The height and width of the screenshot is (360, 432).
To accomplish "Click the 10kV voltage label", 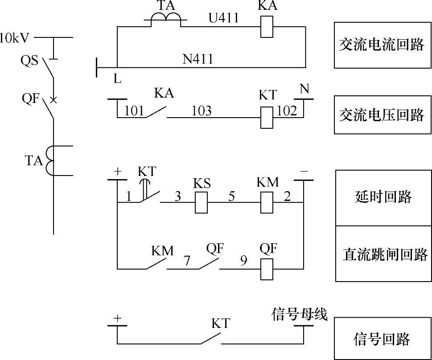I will click(x=15, y=37).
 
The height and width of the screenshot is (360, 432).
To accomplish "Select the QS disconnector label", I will click(x=30, y=60).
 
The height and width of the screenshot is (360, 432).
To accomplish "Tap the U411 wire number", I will click(x=224, y=18).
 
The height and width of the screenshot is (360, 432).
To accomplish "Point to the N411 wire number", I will click(x=198, y=59).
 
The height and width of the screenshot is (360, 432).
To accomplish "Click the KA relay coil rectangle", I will click(x=266, y=27).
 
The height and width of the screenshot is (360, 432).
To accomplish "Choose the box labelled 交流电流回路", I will click(x=383, y=45).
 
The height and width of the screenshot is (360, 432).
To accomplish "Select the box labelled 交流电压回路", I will click(x=383, y=115).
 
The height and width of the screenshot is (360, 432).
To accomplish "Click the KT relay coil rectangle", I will click(x=267, y=118).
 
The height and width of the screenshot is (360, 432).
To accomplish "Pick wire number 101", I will click(x=134, y=110).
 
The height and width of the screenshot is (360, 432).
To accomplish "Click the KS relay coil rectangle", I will click(x=202, y=202).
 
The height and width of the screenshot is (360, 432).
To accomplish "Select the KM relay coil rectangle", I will click(x=267, y=202).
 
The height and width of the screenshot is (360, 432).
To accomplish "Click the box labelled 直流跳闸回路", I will click(x=383, y=254).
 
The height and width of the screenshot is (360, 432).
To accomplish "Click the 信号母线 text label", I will click(x=299, y=315).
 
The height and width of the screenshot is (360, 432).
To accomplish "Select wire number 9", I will click(x=243, y=260).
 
